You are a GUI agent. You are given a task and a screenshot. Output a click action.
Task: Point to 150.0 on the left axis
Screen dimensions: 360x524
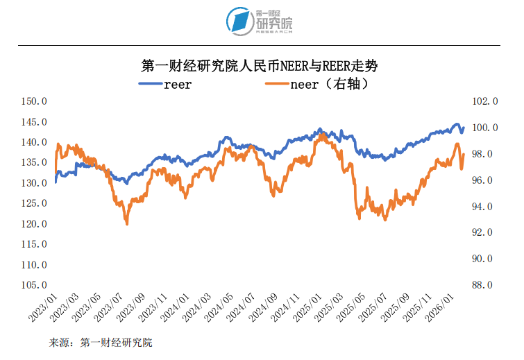click(33, 101)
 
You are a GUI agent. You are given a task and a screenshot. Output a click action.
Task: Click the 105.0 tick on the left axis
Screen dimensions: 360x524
click(33, 285)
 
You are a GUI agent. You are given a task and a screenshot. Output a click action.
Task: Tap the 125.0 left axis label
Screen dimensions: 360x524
click(33, 203)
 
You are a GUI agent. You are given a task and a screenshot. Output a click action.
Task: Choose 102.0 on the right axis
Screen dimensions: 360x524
click(485, 101)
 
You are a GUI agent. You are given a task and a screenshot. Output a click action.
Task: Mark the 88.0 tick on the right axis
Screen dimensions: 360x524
click(485, 285)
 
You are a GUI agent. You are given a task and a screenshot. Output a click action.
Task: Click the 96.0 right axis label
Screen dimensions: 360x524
click(485, 180)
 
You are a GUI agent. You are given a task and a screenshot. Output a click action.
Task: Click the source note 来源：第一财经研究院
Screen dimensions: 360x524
click(101, 343)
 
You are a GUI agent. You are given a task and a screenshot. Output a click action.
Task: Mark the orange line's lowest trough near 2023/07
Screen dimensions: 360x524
click(127, 223)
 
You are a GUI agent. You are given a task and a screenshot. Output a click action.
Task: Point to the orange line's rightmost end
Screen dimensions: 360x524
click(464, 154)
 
